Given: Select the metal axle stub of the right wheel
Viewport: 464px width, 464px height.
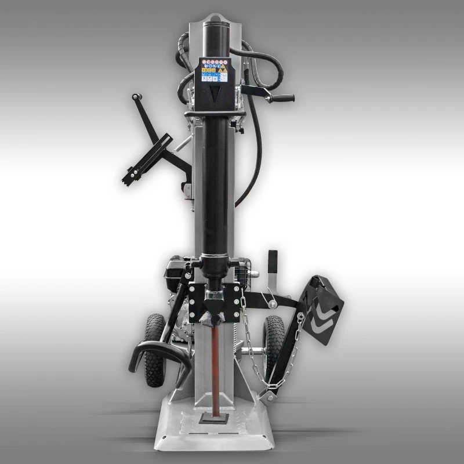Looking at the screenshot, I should tap(255, 350).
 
